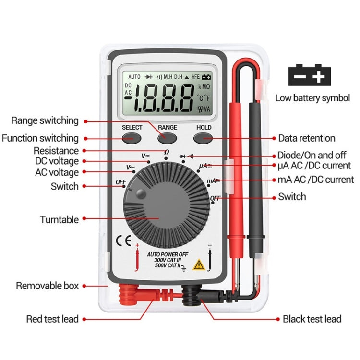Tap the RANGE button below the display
(168, 138)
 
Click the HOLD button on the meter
(204, 138)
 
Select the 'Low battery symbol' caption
(312, 98)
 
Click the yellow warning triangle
(197, 264)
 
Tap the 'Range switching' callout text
(44, 120)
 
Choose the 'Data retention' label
(307, 138)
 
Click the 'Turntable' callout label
(59, 220)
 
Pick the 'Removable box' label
(47, 286)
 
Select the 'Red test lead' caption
(52, 319)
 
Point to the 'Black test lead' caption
(312, 319)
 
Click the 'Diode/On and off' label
(311, 156)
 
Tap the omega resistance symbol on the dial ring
(167, 152)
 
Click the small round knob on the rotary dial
(141, 193)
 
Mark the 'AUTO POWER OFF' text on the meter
(167, 254)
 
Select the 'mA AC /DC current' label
(316, 180)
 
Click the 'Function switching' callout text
(40, 138)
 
